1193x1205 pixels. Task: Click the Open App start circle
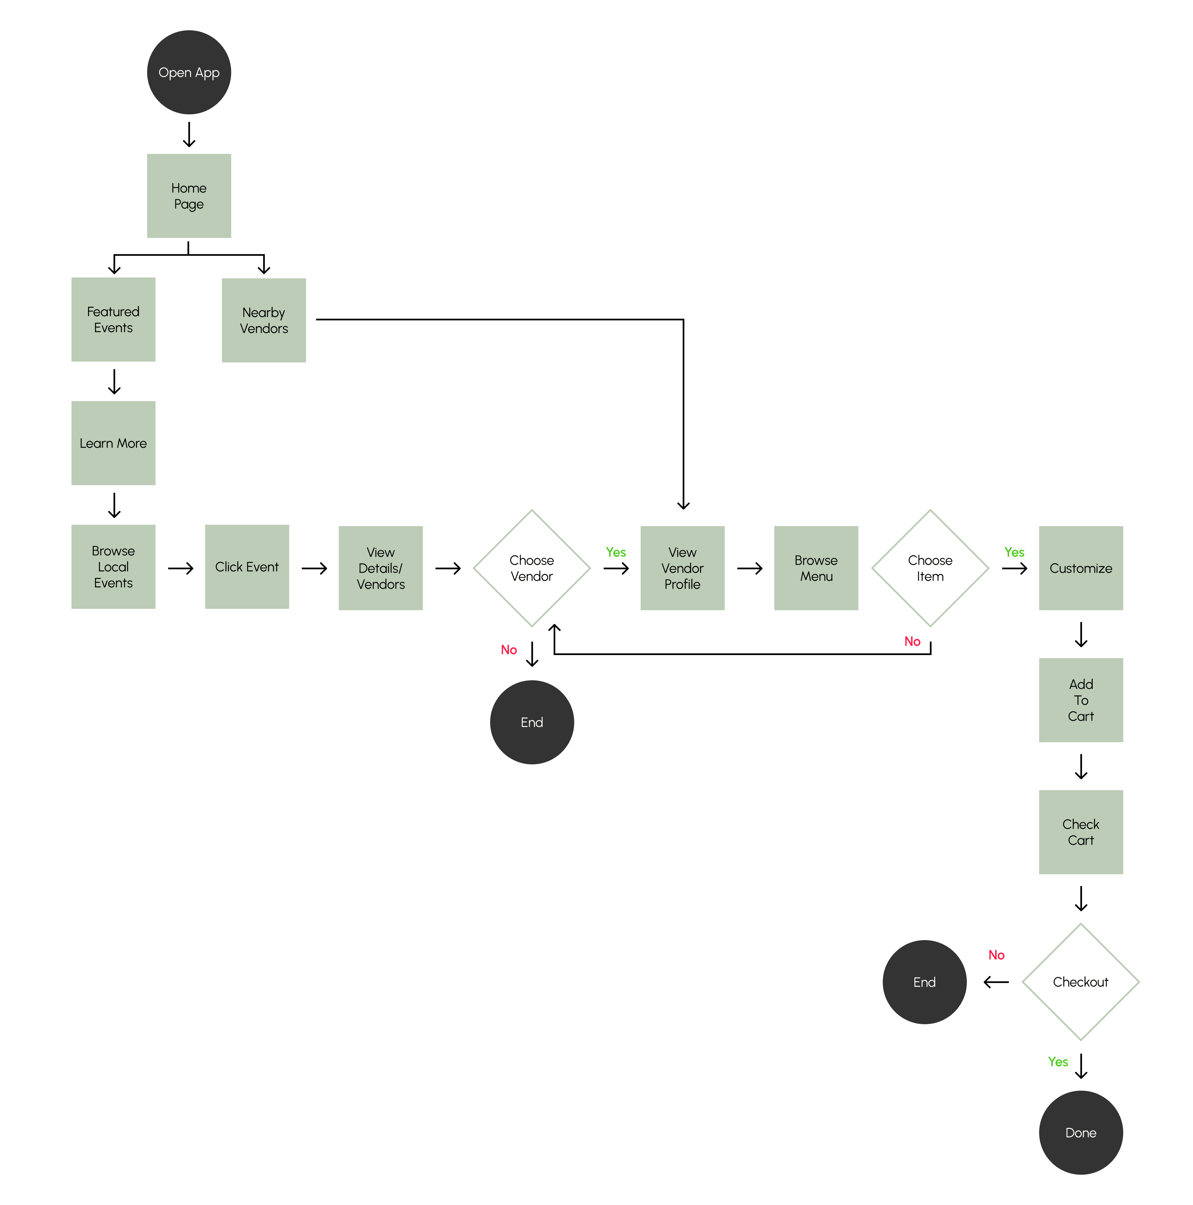point(189,72)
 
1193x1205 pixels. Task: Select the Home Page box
point(189,196)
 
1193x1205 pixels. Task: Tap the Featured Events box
point(113,319)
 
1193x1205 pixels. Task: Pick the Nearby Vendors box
point(264,320)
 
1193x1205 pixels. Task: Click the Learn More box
point(113,443)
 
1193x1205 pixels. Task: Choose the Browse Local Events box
point(113,566)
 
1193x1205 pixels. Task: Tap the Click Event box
point(247,566)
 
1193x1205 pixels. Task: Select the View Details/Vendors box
point(380,568)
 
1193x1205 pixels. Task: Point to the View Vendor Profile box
point(682,568)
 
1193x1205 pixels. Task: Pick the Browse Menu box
point(816,568)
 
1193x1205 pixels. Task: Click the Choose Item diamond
point(930,568)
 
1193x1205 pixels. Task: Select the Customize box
point(1081,568)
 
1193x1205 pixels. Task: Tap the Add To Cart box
point(1081,700)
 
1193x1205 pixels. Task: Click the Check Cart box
point(1081,832)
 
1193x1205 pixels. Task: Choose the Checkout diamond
point(1081,982)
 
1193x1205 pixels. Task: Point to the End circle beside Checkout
point(924,982)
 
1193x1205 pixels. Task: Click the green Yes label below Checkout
point(1058,1061)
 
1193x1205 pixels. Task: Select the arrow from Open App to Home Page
point(189,134)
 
